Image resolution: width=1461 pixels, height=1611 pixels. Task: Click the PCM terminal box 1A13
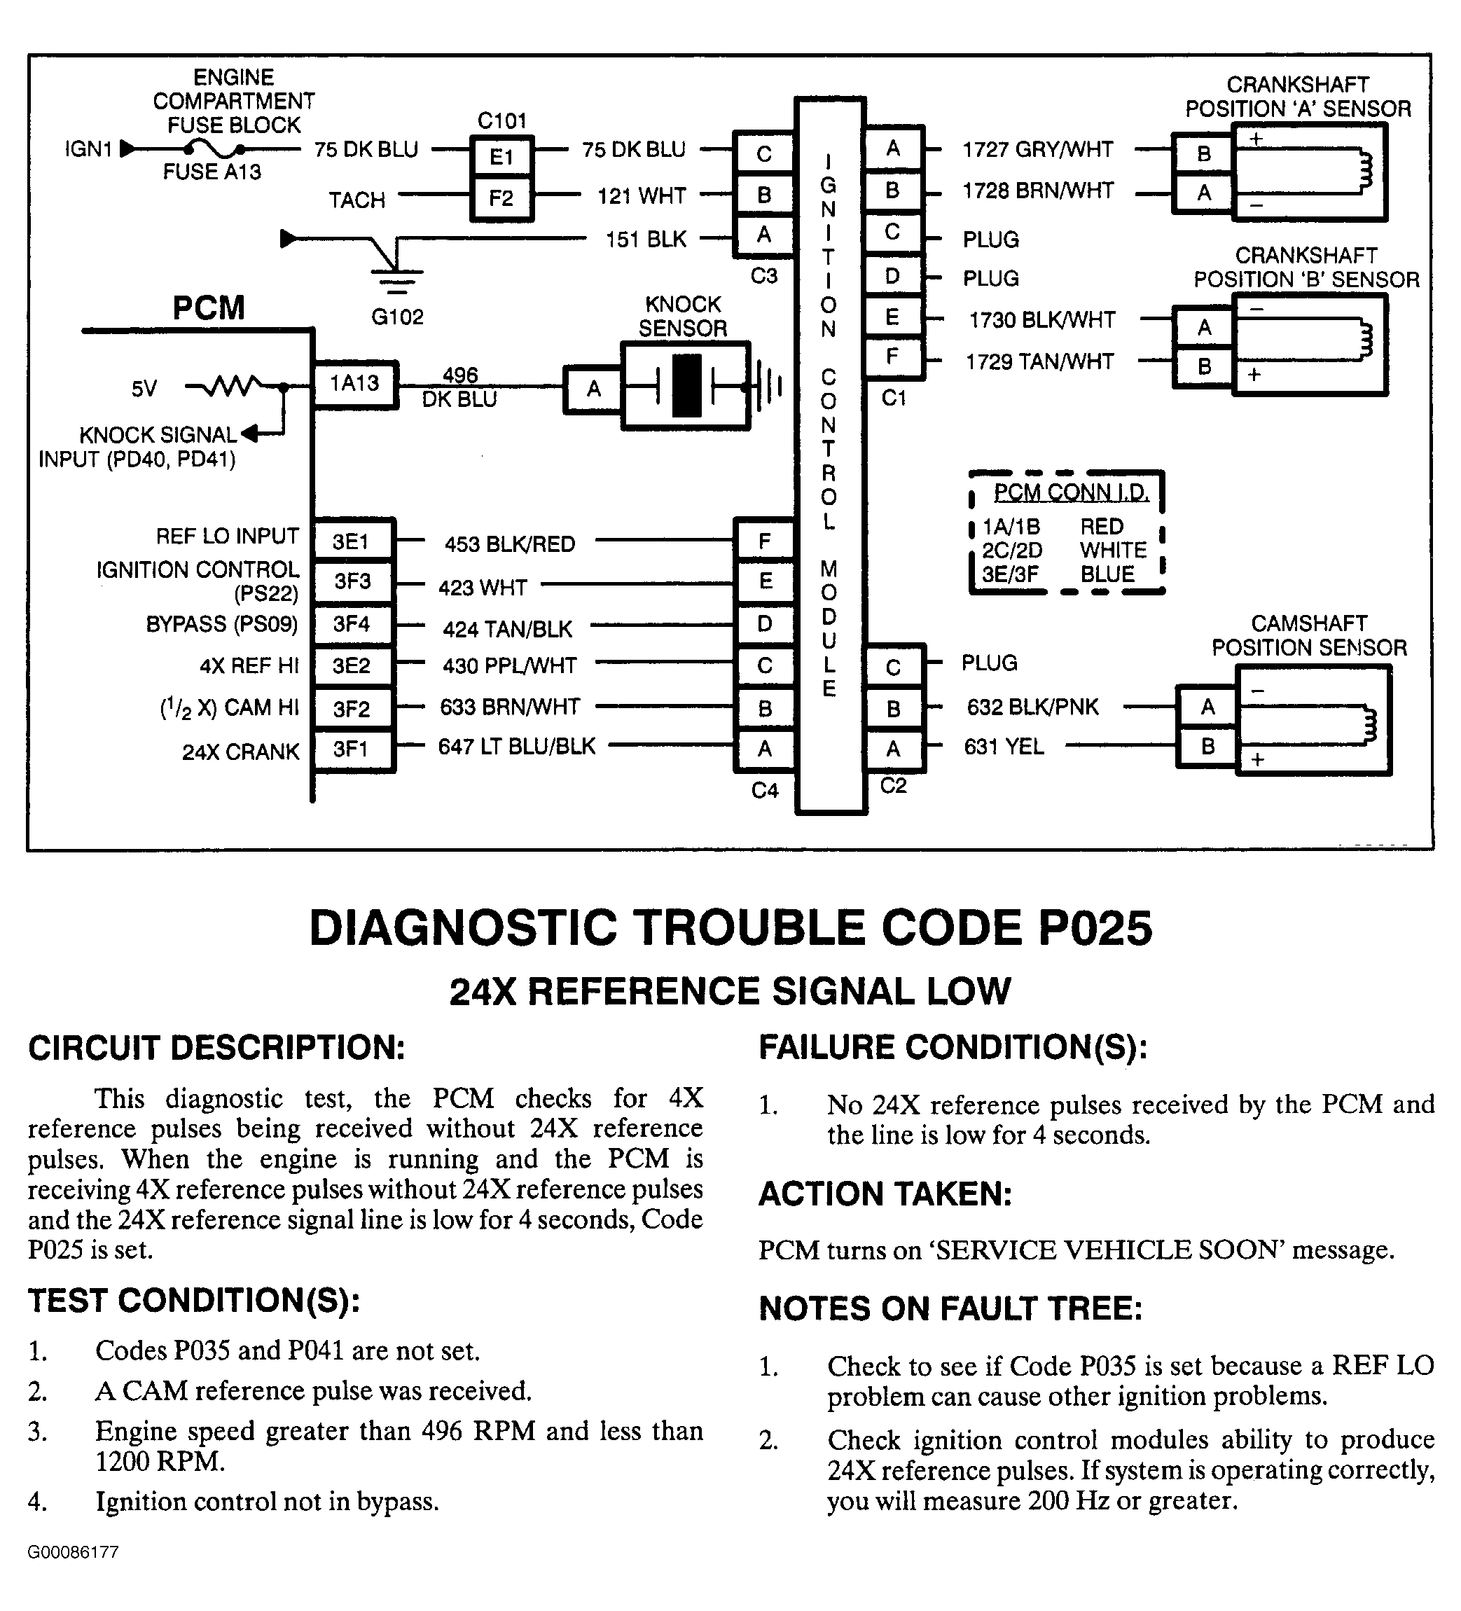pyautogui.click(x=354, y=385)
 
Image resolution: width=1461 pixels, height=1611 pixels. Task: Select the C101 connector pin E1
pyautogui.click(x=501, y=157)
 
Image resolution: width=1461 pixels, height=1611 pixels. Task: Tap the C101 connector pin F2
pyautogui.click(x=501, y=198)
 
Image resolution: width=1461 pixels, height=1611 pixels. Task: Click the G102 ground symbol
pyautogui.click(x=397, y=277)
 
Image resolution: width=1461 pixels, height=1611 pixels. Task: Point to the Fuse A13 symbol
pyautogui.click(x=214, y=148)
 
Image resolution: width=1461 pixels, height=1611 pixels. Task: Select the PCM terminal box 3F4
pyautogui.click(x=352, y=624)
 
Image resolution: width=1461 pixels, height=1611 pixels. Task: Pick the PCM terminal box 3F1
pyautogui.click(x=352, y=749)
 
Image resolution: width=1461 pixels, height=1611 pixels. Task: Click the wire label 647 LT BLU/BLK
pyautogui.click(x=516, y=747)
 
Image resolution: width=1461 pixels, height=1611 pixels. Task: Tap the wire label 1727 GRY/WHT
pyautogui.click(x=1037, y=149)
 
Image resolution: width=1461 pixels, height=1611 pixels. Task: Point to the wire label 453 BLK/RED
pyautogui.click(x=510, y=544)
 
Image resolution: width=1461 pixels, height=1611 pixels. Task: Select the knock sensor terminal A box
pyautogui.click(x=593, y=389)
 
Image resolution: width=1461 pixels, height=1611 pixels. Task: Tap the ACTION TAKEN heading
pyautogui.click(x=885, y=1194)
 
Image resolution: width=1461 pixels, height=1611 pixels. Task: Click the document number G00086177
pyautogui.click(x=73, y=1553)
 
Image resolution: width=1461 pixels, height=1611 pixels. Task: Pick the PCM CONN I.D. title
pyautogui.click(x=1071, y=492)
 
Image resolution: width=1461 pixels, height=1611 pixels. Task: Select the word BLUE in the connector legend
pyautogui.click(x=1107, y=574)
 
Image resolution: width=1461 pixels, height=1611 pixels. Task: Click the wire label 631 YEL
pyautogui.click(x=1004, y=747)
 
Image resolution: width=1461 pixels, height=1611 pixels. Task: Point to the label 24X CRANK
pyautogui.click(x=240, y=752)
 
